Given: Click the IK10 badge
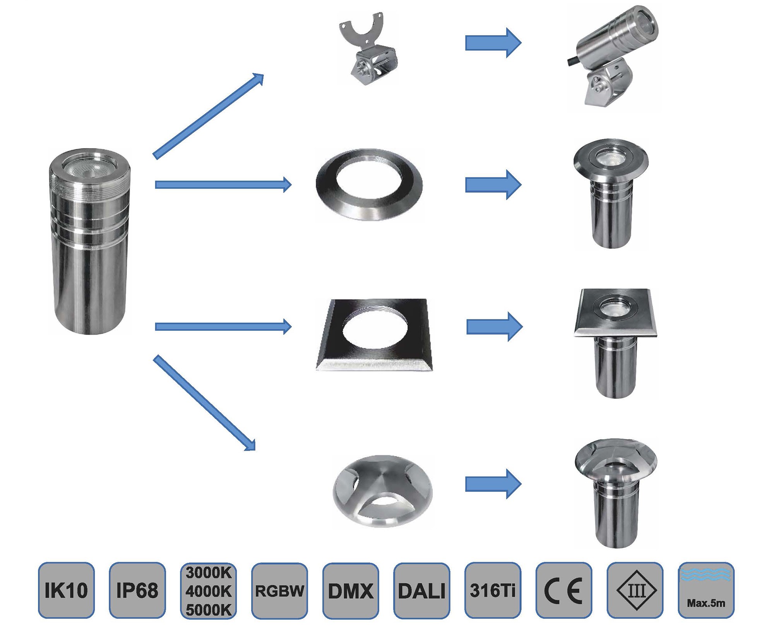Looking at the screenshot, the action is click(66, 590).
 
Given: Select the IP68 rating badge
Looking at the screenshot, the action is click(137, 590).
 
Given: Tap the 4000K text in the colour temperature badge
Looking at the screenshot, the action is click(209, 591).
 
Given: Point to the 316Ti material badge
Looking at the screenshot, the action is click(493, 590).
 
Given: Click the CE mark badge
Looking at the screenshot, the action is click(564, 590).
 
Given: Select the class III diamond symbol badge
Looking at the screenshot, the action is click(635, 590).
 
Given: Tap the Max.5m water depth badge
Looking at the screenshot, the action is click(706, 590).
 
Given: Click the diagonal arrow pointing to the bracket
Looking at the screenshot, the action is click(209, 116).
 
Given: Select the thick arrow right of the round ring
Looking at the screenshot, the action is click(493, 184).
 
